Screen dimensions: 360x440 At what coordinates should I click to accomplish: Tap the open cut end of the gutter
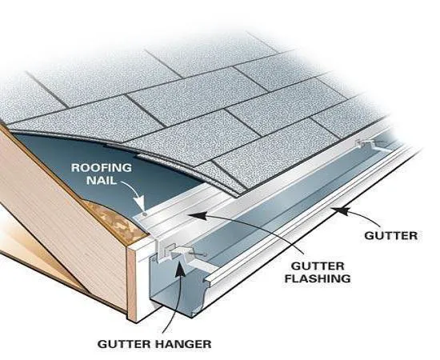tap(172, 284)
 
